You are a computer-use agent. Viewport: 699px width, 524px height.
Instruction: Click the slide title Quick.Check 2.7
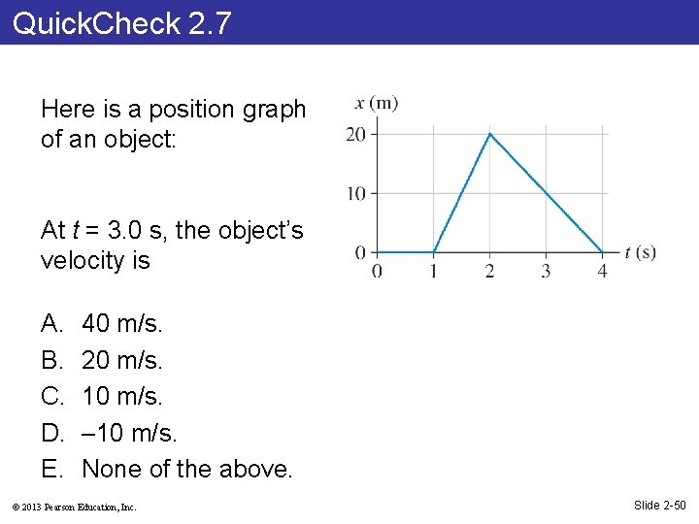(x=122, y=22)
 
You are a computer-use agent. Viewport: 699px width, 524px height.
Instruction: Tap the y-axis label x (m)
(x=377, y=104)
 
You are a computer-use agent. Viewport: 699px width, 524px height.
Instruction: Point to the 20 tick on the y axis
(x=356, y=134)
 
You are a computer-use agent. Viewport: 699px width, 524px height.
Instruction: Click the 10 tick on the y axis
(x=356, y=193)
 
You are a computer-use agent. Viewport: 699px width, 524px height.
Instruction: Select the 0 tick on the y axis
(x=360, y=252)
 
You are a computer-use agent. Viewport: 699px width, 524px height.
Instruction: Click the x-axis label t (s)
(x=641, y=252)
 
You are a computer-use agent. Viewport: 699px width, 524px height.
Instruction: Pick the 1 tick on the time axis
(x=433, y=271)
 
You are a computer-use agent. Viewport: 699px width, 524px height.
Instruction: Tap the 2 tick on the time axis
(x=489, y=271)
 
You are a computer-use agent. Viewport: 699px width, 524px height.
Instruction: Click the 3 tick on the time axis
(x=546, y=271)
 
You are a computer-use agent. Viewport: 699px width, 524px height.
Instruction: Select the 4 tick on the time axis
(x=602, y=271)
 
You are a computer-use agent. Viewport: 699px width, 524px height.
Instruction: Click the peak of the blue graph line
(x=489, y=134)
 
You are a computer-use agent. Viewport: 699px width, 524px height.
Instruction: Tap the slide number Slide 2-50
(x=660, y=505)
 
